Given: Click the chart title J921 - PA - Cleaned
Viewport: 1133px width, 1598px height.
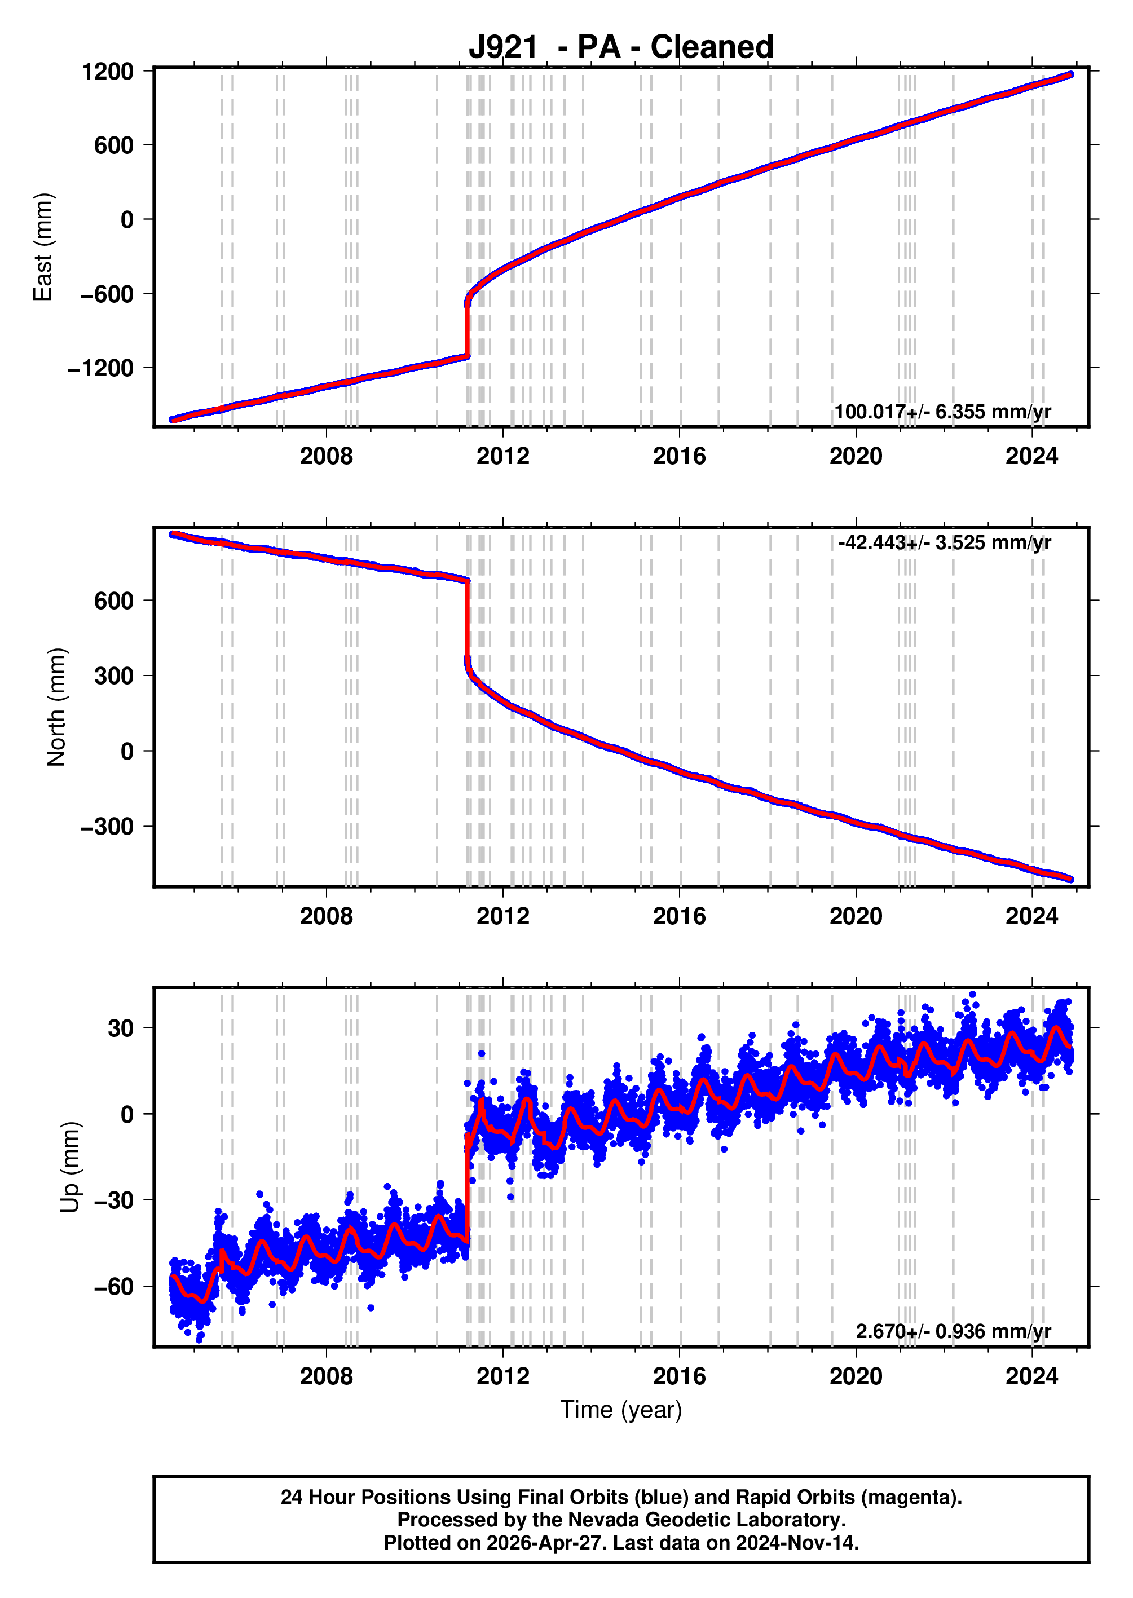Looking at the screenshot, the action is point(621,47).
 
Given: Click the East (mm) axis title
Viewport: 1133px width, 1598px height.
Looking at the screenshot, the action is point(42,247).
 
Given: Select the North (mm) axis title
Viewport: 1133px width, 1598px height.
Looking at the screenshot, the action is point(56,707).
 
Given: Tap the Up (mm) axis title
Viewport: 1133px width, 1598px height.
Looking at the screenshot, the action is point(70,1168).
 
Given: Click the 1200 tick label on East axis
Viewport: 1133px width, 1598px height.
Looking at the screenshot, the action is point(108,71).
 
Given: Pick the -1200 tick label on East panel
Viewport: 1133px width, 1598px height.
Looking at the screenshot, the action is point(100,368).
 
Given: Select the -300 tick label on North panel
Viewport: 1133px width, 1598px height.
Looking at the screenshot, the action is point(107,827).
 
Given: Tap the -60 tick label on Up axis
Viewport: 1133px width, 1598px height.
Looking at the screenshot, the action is point(114,1287).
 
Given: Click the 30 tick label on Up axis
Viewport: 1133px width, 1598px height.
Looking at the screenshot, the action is point(120,1028).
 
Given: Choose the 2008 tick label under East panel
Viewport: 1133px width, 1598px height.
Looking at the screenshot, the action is point(327,456).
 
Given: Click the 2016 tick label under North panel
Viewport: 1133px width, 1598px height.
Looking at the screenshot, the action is point(680,916).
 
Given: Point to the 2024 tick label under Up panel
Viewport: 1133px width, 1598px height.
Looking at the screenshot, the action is point(1032,1377).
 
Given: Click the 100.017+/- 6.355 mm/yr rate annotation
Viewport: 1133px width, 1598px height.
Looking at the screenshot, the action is point(942,412).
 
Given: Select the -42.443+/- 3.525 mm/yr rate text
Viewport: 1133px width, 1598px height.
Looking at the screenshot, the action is point(945,542).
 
